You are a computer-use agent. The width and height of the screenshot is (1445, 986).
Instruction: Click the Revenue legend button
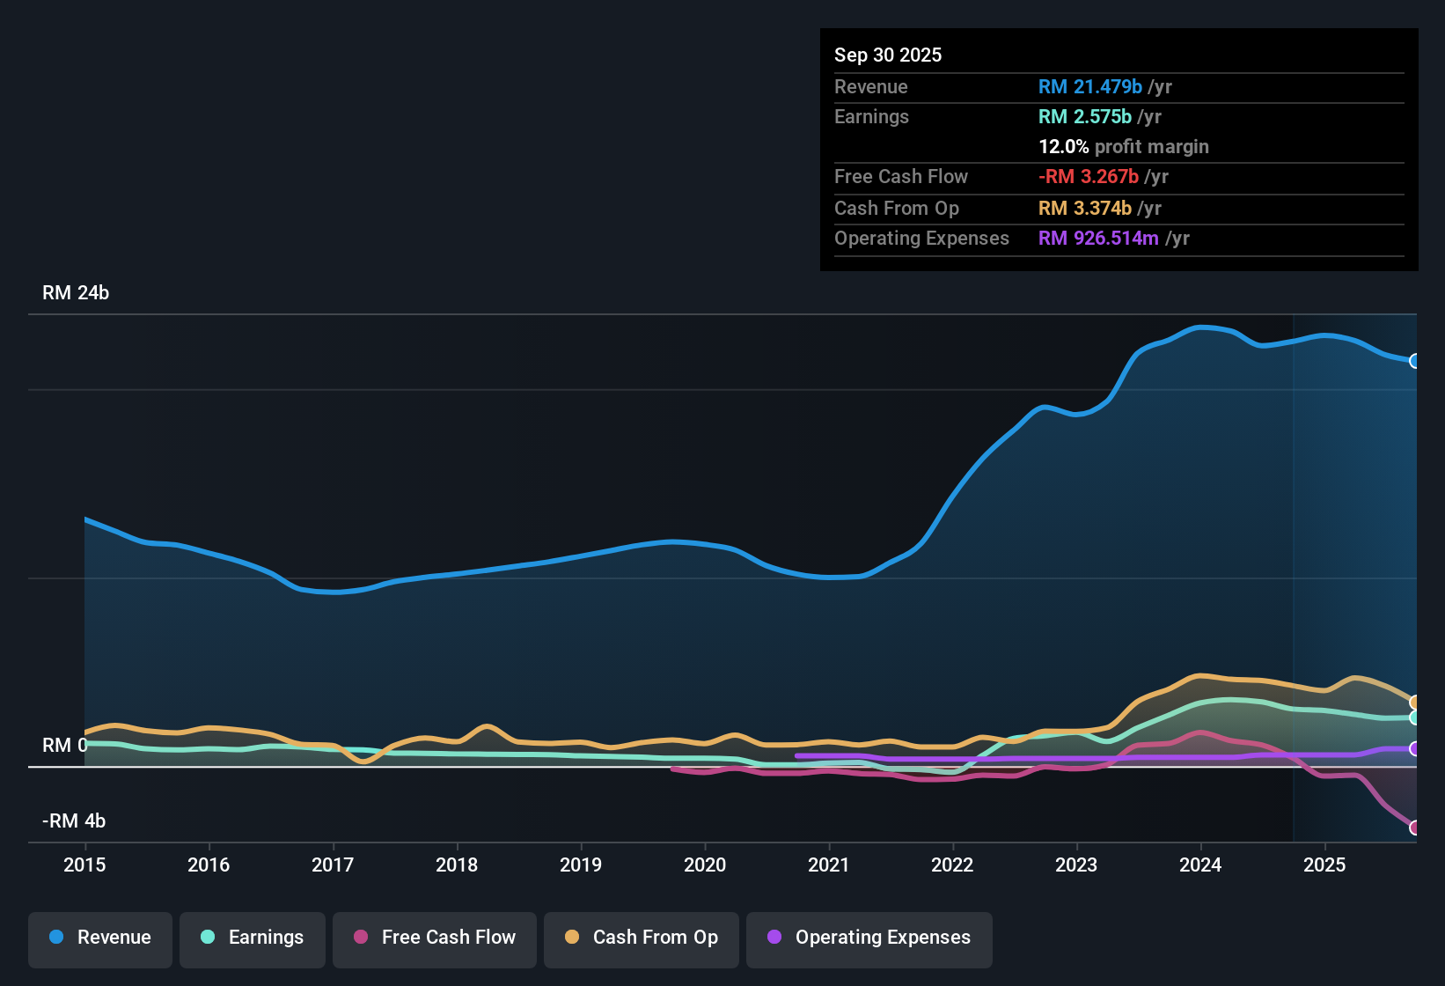point(100,938)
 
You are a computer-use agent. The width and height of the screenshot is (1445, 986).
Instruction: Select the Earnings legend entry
point(253,938)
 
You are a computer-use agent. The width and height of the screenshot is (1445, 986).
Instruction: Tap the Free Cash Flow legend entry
point(435,938)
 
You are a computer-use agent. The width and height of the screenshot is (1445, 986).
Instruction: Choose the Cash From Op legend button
point(642,938)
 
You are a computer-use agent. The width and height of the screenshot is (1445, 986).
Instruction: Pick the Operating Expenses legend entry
point(869,938)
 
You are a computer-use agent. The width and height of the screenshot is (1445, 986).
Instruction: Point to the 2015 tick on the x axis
point(84,865)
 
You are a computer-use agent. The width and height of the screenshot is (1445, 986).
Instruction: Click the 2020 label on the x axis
point(705,865)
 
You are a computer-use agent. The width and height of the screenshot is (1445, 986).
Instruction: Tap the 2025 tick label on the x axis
point(1324,865)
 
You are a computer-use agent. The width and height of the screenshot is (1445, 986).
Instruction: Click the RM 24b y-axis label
point(76,293)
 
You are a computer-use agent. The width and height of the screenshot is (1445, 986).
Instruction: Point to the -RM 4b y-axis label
point(74,821)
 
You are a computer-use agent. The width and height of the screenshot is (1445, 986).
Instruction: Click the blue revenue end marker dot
point(1414,361)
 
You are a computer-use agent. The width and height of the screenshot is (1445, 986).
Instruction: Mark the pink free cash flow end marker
point(1414,828)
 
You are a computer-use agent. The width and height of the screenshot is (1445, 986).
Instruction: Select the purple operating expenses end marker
point(1414,749)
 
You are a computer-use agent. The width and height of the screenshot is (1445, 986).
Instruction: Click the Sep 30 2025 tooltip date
point(888,55)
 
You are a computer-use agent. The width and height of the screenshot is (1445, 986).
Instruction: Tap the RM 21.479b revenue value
point(1089,86)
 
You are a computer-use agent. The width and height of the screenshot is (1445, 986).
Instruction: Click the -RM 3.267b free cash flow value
point(1089,176)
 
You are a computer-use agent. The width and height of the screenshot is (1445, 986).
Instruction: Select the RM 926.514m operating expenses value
point(1098,238)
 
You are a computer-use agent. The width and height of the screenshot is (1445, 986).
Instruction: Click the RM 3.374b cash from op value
point(1084,208)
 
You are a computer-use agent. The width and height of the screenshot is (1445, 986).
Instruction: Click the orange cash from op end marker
point(1414,703)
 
